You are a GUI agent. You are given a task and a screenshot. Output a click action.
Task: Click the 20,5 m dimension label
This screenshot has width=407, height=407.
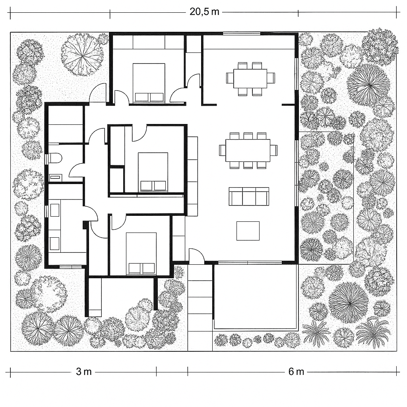[204, 12]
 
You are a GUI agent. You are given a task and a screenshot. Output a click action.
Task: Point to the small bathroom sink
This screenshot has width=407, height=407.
[54, 177]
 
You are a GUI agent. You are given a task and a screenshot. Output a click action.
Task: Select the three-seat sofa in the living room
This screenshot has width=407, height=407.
[249, 196]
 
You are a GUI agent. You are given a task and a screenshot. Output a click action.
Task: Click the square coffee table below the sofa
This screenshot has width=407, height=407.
[248, 231]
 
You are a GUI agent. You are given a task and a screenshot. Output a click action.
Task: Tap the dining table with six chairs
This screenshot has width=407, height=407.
[250, 78]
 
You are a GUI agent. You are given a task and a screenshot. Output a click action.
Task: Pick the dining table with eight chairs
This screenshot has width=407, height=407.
[248, 150]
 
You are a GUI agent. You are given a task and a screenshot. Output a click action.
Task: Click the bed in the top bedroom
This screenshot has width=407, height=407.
[149, 83]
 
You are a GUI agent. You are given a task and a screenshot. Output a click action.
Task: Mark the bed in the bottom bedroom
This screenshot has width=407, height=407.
[141, 254]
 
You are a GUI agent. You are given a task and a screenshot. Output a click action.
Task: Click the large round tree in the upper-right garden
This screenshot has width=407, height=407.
[368, 85]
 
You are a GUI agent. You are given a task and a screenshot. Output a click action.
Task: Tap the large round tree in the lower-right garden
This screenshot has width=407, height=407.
[348, 302]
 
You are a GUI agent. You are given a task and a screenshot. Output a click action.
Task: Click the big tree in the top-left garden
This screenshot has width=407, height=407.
[82, 54]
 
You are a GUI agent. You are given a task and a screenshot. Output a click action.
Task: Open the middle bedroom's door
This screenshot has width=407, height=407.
[139, 134]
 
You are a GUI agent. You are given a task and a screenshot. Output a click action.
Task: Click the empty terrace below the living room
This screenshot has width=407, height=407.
[256, 296]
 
